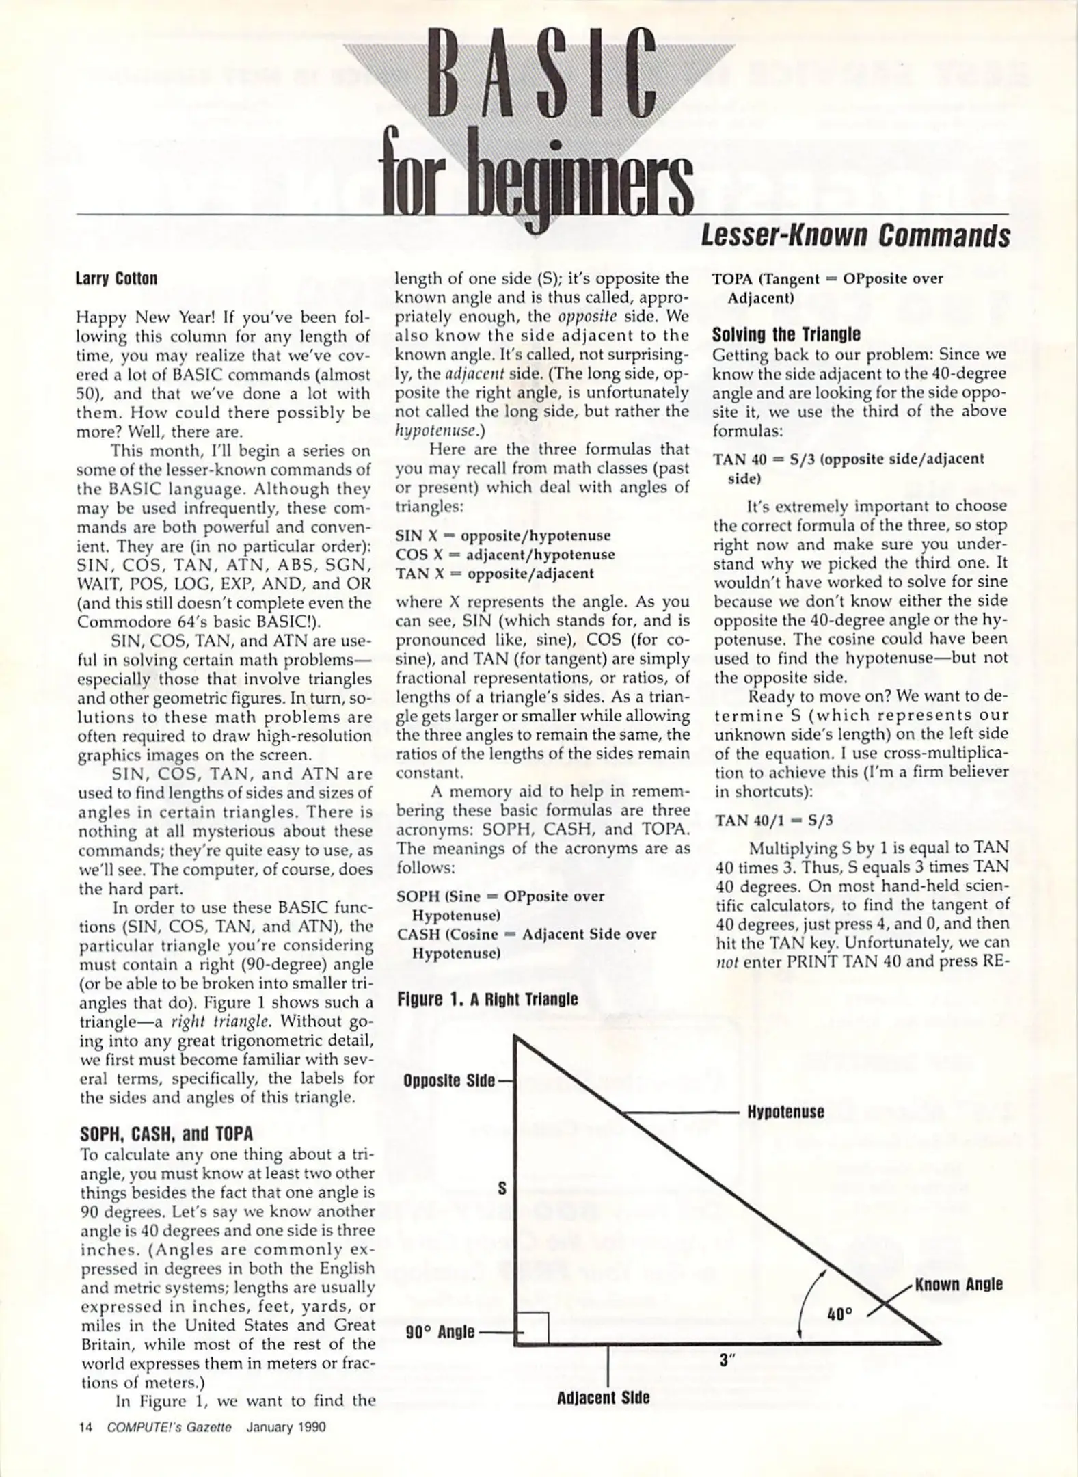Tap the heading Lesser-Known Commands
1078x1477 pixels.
click(855, 237)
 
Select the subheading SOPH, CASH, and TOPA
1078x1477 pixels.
click(166, 1134)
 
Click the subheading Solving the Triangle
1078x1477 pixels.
click(786, 335)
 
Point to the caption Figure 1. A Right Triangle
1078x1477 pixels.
click(487, 1000)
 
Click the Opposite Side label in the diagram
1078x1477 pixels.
click(448, 1082)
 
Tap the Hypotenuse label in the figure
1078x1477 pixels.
click(785, 1112)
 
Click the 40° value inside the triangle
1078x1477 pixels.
click(839, 1314)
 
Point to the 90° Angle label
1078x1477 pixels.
click(440, 1332)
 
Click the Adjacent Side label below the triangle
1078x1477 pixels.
click(603, 1398)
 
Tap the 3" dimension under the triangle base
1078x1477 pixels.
click(727, 1361)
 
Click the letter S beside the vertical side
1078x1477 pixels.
click(502, 1188)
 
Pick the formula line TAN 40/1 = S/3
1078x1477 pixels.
click(774, 820)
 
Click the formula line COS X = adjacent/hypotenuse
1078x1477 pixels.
click(505, 555)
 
